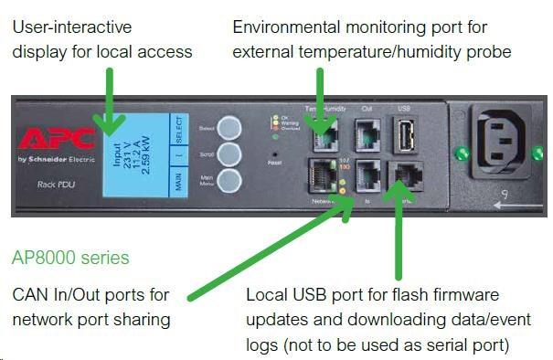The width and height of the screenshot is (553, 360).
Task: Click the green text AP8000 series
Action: pos(70,258)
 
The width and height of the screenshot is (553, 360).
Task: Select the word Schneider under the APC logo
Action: pos(54,160)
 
